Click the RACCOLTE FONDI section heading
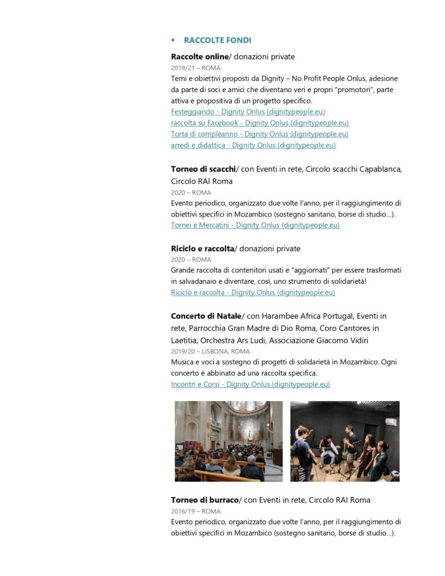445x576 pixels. (x=217, y=40)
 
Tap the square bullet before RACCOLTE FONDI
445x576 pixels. (x=173, y=40)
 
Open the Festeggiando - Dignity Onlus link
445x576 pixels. (x=248, y=112)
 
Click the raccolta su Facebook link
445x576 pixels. (x=259, y=123)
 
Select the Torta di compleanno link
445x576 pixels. (x=259, y=134)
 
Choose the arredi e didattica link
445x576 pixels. (x=253, y=145)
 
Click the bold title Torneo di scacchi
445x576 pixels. (x=203, y=169)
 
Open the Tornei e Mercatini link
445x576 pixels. (x=255, y=226)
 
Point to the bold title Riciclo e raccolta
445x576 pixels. (x=203, y=249)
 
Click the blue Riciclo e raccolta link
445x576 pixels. (x=253, y=292)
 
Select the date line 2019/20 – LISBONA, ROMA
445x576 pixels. (x=210, y=352)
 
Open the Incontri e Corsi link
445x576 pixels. (x=250, y=384)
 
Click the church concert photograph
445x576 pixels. (x=228, y=441)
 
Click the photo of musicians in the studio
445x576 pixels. (x=345, y=441)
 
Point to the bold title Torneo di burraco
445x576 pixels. (x=205, y=500)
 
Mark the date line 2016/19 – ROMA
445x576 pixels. (x=196, y=511)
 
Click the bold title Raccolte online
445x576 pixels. (x=200, y=57)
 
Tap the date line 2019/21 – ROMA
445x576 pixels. (x=196, y=68)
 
